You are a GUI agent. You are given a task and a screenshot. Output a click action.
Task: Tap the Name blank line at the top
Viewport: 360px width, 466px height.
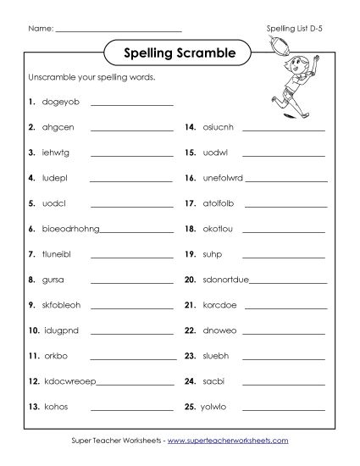(119, 31)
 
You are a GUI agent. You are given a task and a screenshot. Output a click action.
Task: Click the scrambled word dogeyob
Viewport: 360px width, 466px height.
(58, 103)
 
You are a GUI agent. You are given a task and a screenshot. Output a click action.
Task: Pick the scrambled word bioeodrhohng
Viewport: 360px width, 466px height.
(69, 229)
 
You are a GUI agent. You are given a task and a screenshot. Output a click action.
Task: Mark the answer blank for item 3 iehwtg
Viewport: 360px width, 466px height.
(131, 156)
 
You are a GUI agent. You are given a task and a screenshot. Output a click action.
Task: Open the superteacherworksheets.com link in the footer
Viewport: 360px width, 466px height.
(227, 441)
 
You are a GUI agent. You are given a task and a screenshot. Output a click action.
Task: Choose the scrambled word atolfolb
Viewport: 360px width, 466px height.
(221, 203)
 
